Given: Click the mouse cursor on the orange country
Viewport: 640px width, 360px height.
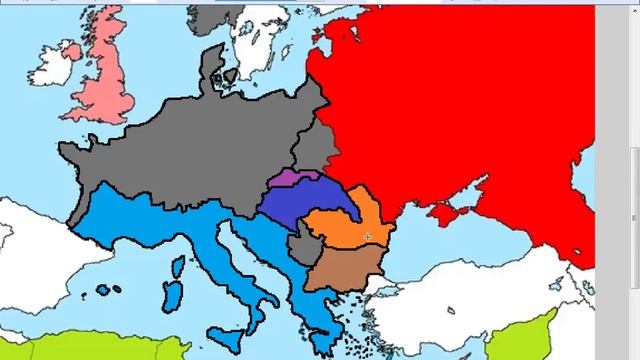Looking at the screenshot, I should [368, 237].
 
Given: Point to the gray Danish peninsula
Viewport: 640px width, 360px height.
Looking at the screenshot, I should [212, 70].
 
